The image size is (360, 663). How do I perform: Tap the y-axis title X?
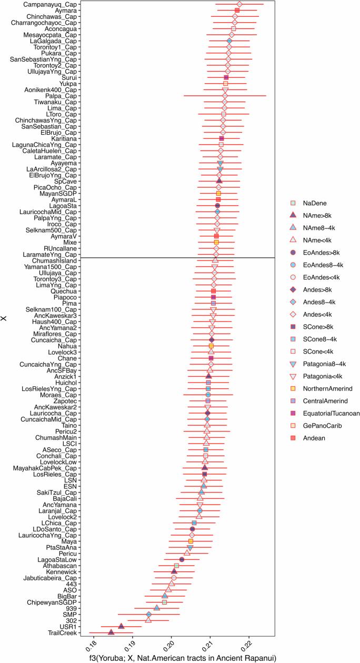[x=5, y=318]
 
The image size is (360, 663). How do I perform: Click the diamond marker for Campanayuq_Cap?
[x=239, y=4]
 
